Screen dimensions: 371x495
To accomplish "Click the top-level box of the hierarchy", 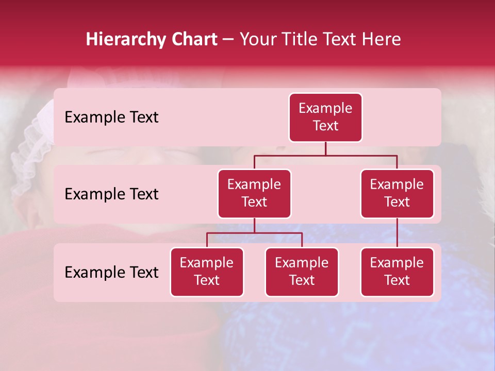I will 325,117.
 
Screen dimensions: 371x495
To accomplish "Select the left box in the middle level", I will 254,194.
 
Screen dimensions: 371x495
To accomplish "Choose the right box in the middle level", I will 397,194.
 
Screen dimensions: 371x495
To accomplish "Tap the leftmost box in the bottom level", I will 207,272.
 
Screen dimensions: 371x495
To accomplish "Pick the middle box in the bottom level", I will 302,272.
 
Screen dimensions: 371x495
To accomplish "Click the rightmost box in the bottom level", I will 397,272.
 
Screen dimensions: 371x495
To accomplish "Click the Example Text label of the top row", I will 111,117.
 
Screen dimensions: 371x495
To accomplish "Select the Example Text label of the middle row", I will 111,194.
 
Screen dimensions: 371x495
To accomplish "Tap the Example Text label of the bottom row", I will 111,273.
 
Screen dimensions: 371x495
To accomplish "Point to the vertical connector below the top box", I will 325,148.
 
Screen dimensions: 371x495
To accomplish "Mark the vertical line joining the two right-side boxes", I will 397,233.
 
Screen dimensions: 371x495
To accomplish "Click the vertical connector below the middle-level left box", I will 254,225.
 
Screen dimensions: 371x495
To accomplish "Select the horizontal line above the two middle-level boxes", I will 325,155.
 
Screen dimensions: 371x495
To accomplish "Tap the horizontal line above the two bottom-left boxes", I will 254,233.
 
